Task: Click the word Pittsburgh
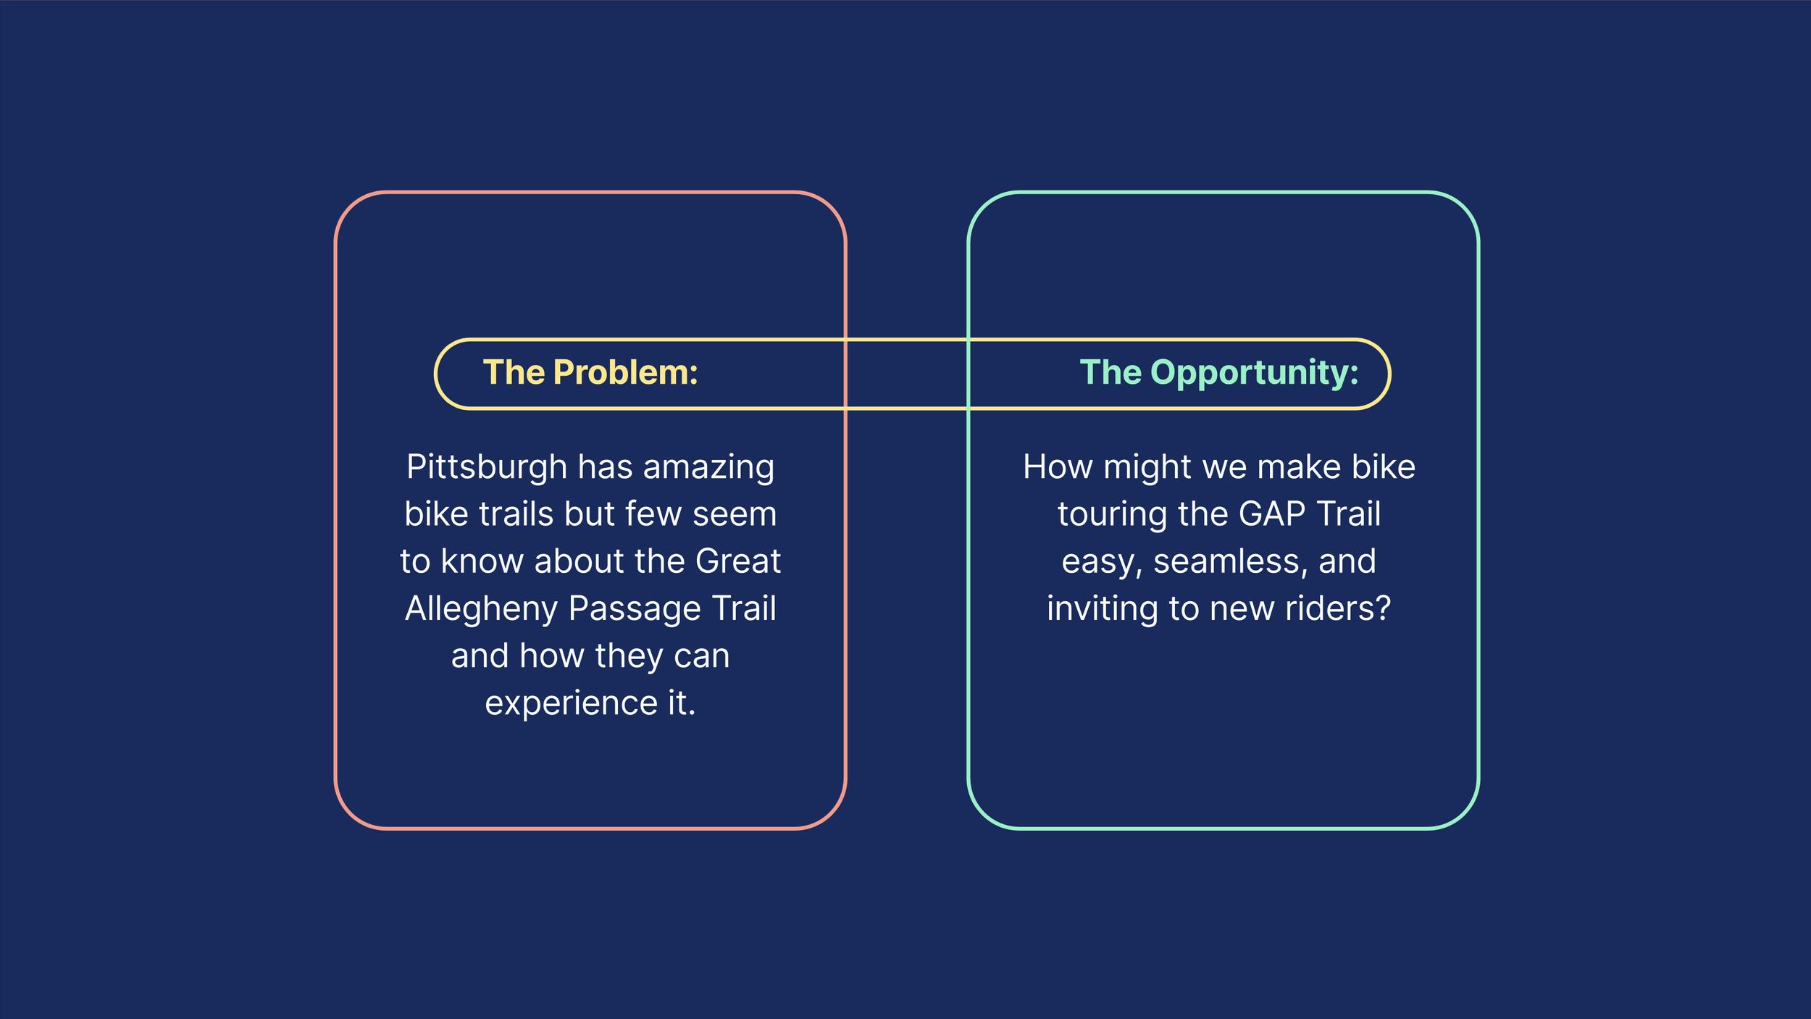[487, 468]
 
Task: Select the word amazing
[708, 468]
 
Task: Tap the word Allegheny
[482, 609]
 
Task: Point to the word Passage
[635, 609]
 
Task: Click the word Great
[738, 561]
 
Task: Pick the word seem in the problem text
[735, 515]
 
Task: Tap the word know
[482, 561]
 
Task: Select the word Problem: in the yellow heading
[625, 372]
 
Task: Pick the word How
[1058, 467]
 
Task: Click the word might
[1147, 468]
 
